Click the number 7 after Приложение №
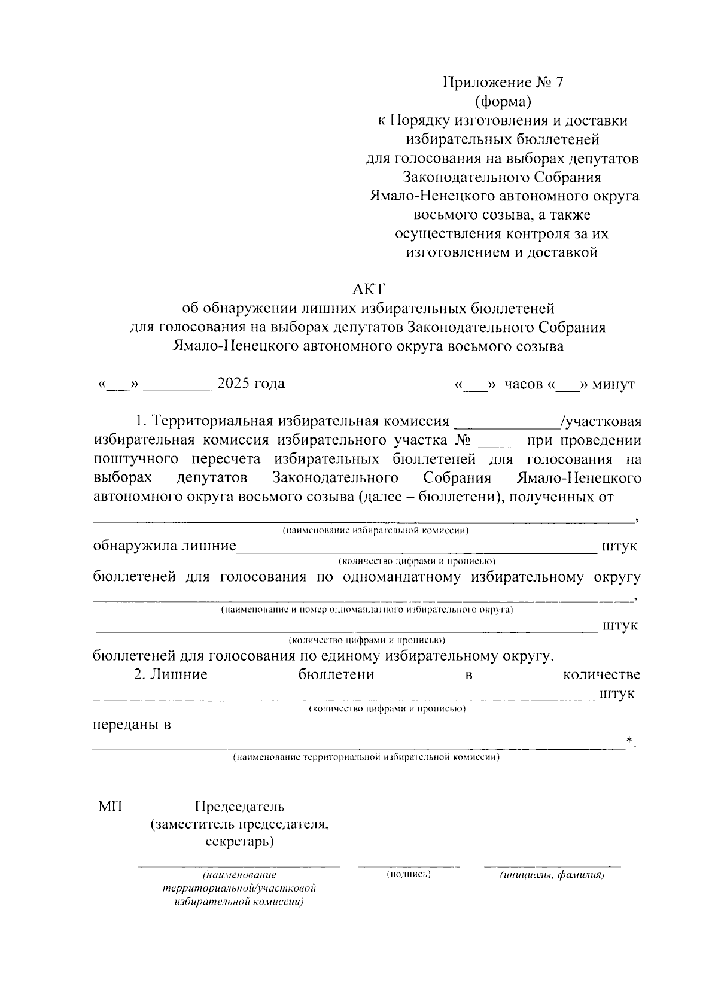pos(559,83)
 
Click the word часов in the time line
pos(524,384)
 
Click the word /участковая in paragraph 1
pos(601,422)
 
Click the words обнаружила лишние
pos(165,546)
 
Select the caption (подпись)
pos(409,875)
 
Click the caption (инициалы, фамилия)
pos(552,875)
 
